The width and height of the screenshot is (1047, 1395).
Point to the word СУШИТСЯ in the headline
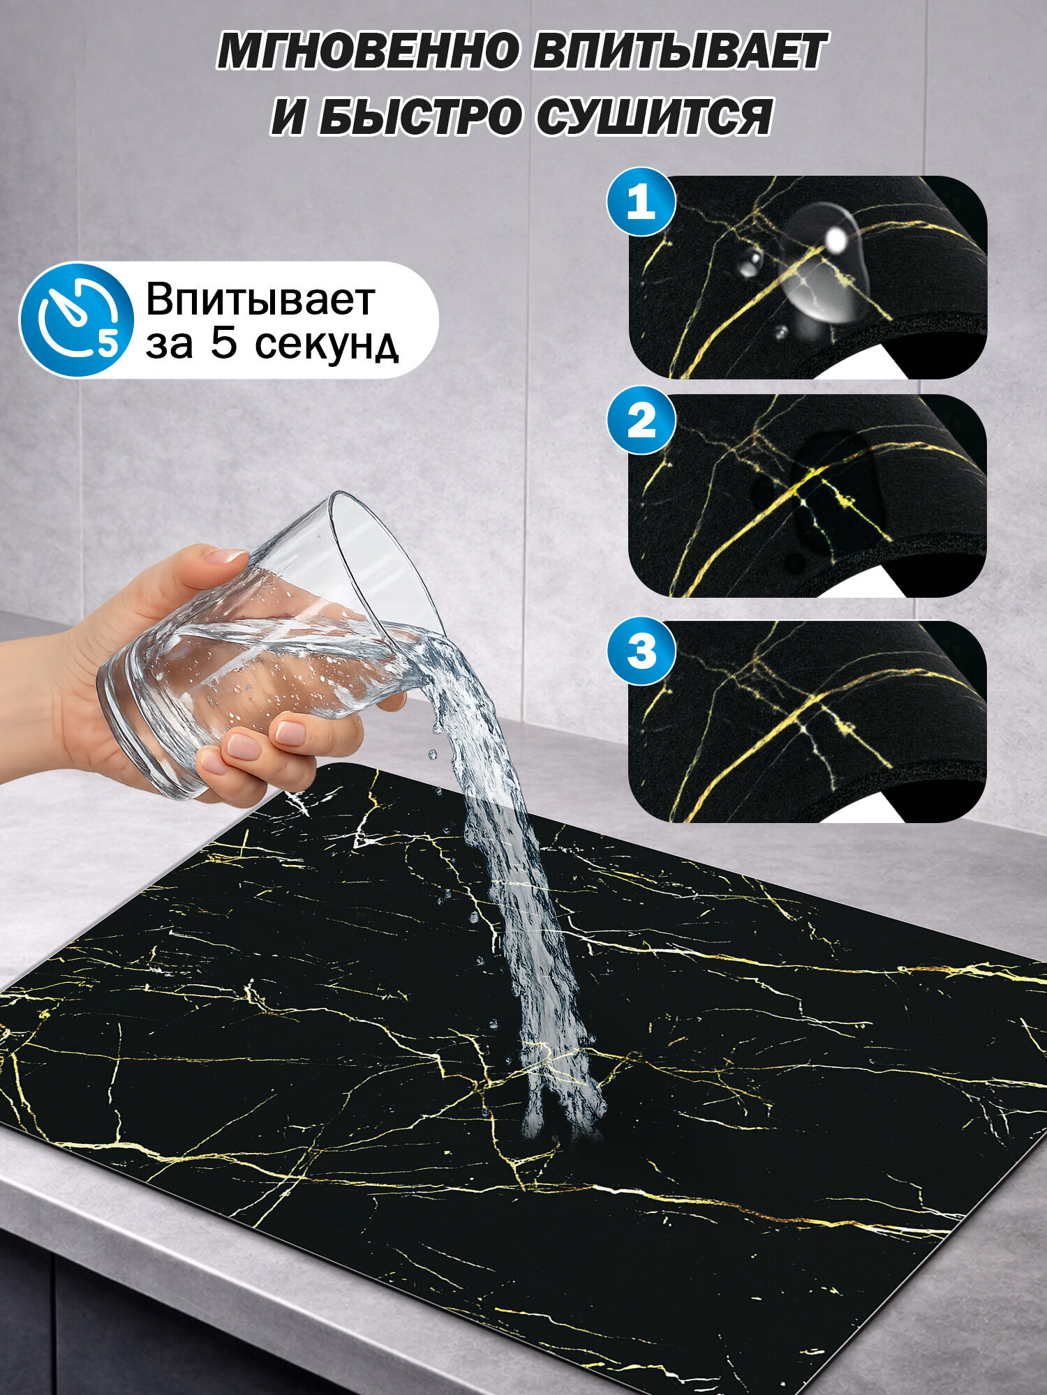coord(655,116)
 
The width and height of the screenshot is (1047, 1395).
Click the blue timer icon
coord(76,320)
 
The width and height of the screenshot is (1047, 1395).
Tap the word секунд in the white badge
coord(325,344)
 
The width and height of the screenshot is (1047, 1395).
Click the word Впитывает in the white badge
coord(260,299)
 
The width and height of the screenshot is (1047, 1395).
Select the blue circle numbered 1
coord(641,202)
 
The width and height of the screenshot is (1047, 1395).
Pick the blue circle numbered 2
coord(641,421)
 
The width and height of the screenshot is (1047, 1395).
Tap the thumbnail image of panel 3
coord(808,721)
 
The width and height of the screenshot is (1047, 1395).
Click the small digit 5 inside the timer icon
coord(107,343)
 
